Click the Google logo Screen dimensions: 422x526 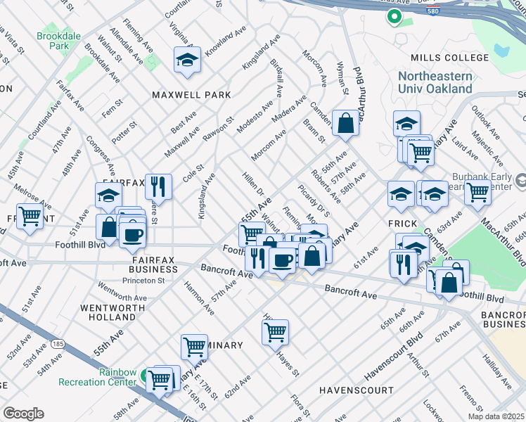point(23,414)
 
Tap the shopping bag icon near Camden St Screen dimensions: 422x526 point(345,124)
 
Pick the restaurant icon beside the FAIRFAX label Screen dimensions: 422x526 point(158,187)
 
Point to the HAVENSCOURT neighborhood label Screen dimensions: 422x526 point(356,390)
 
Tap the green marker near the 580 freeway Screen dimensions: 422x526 point(394,16)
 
